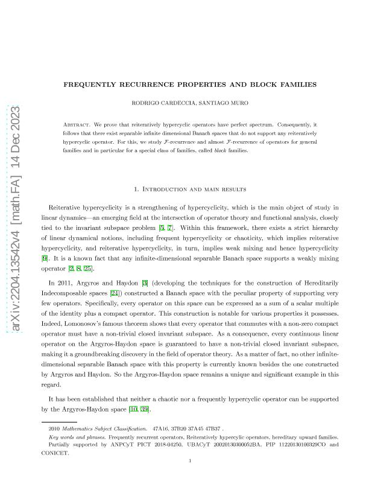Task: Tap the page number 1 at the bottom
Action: coord(189,462)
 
